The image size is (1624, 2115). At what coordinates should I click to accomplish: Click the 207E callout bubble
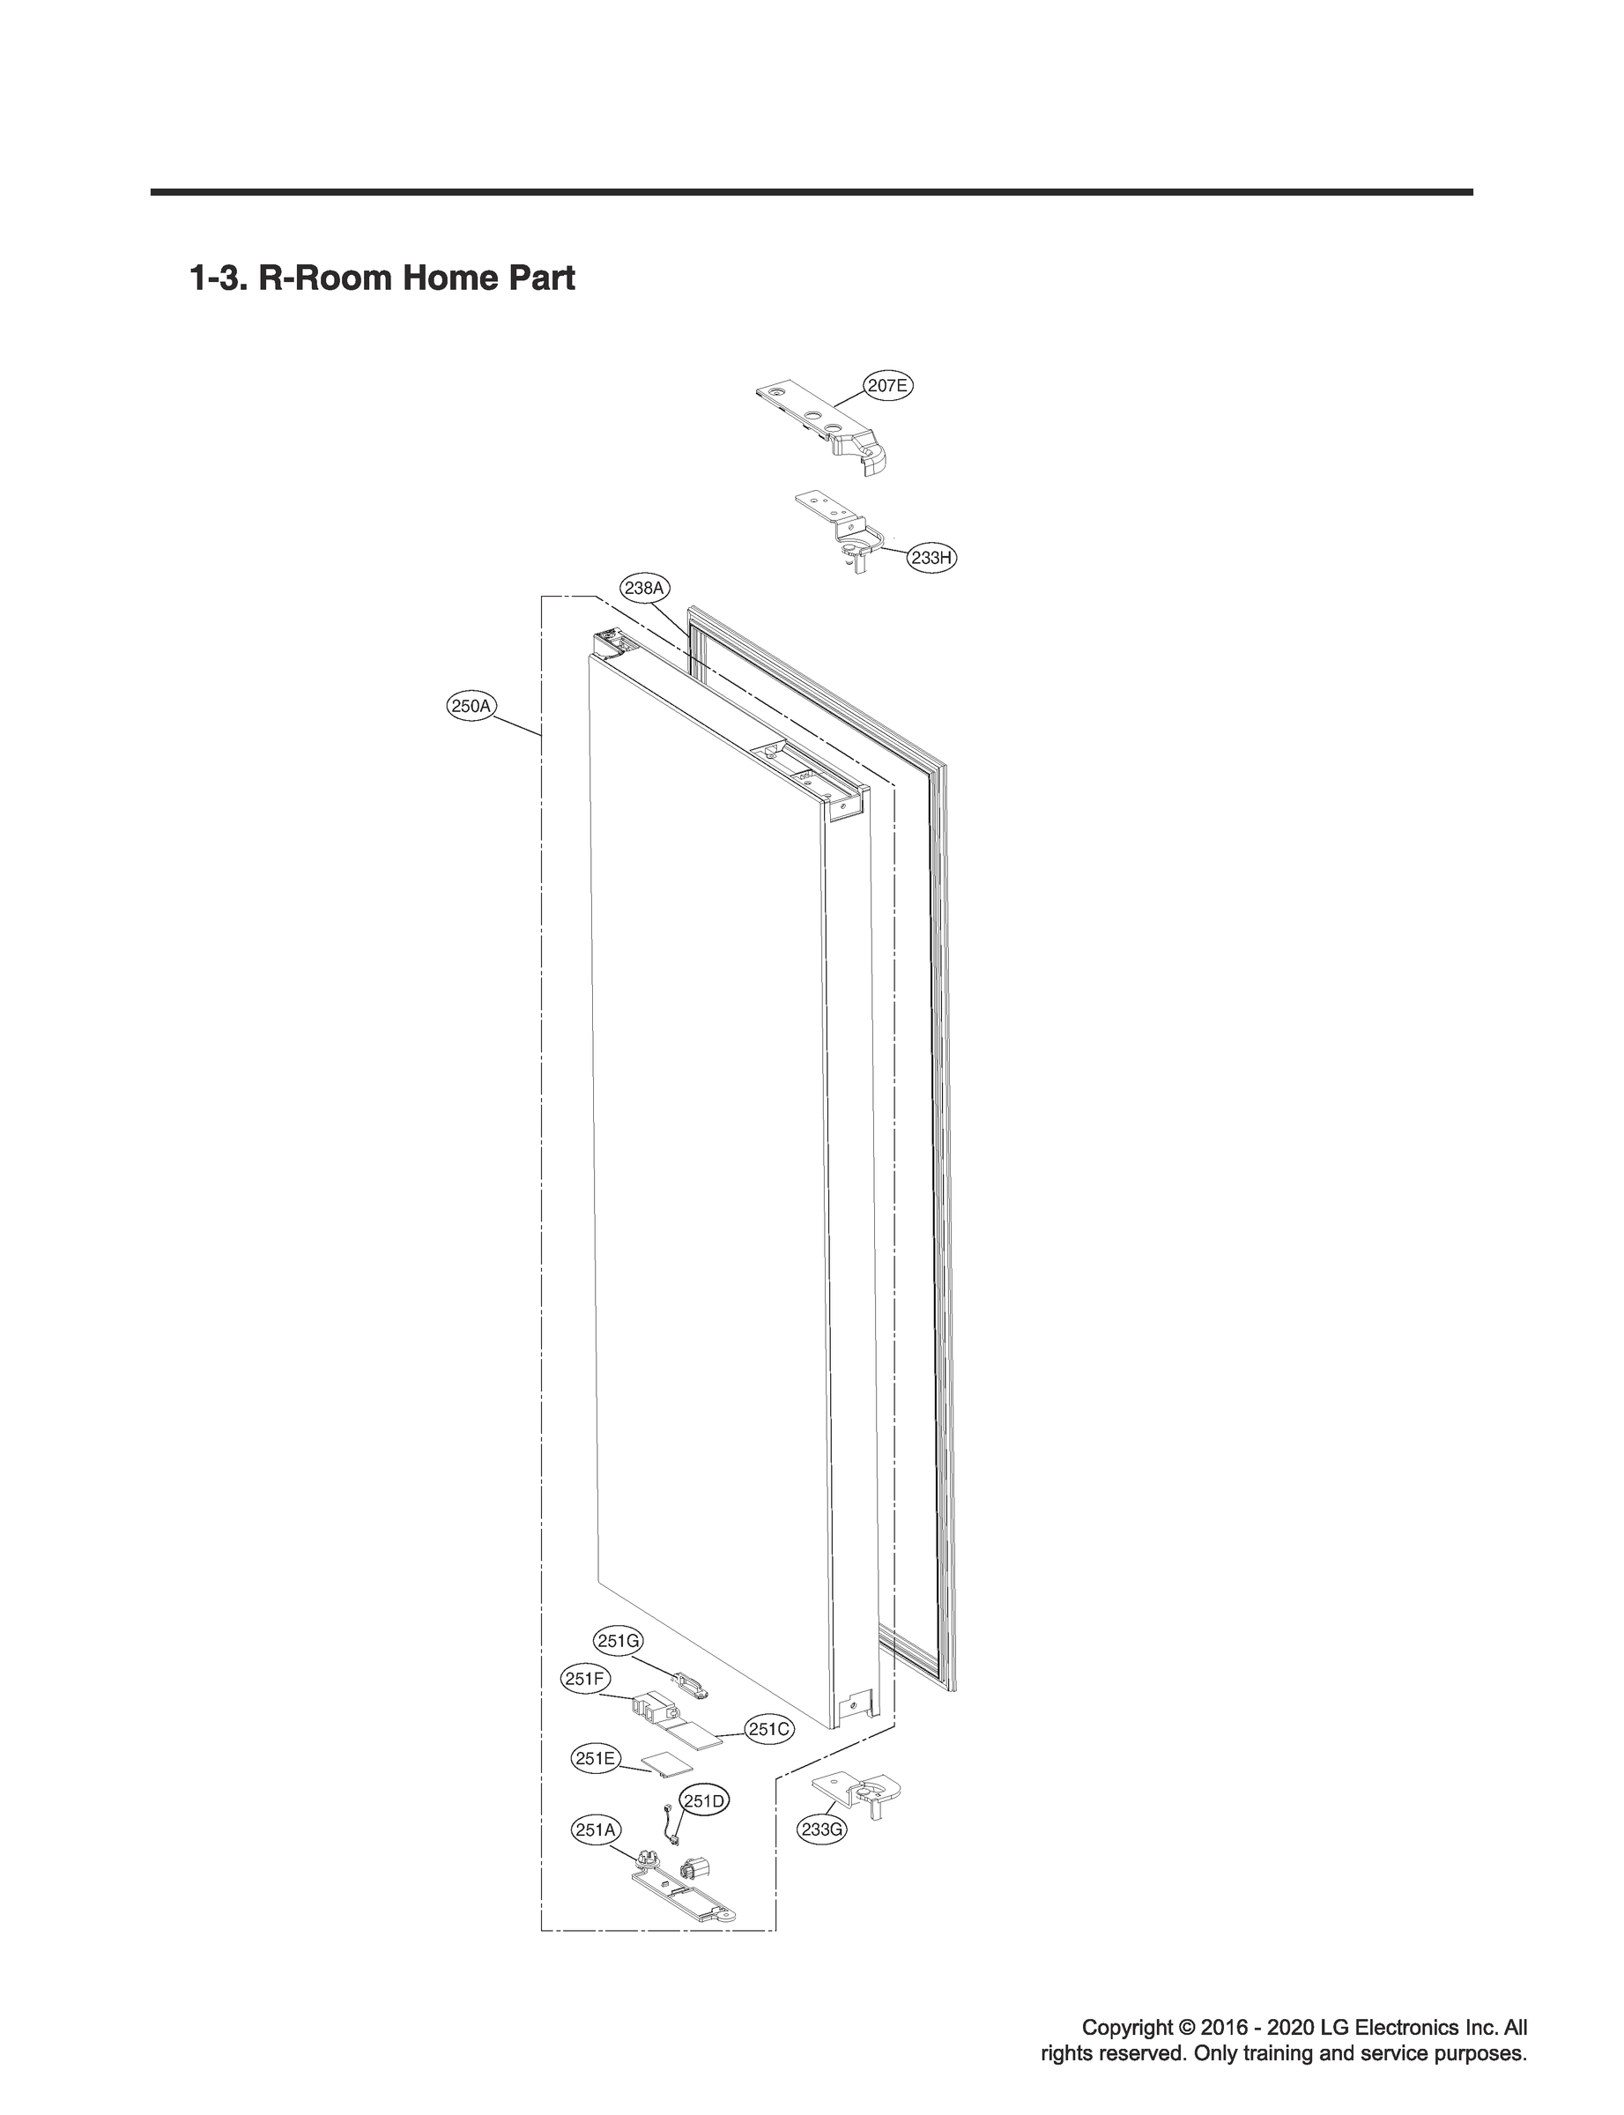point(887,386)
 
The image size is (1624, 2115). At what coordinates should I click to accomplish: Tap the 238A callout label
point(645,588)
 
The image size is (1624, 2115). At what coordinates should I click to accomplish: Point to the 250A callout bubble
point(471,706)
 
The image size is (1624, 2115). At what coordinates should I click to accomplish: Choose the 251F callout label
point(585,1679)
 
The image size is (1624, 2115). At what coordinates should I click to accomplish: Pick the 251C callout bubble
point(769,1729)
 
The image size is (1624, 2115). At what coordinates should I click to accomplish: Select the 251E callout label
point(596,1758)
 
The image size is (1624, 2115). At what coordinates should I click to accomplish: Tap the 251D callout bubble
point(705,1801)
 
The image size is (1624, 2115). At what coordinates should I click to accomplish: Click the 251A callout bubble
point(596,1829)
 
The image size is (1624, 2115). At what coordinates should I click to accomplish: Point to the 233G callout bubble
point(821,1829)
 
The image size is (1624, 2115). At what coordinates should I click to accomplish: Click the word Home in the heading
point(447,278)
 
